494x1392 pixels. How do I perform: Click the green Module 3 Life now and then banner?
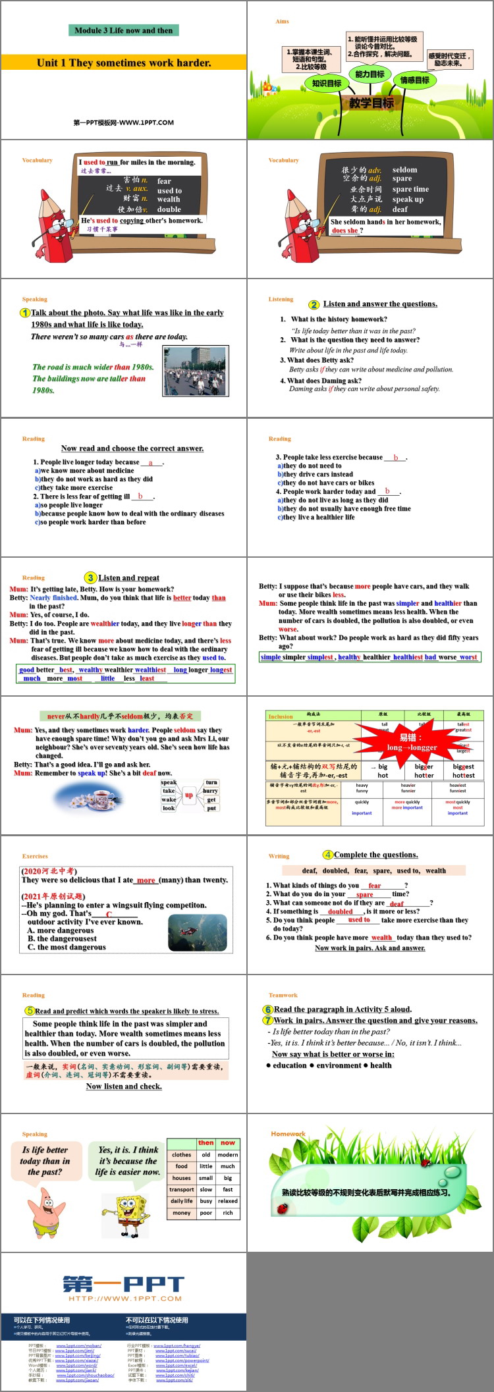(123, 30)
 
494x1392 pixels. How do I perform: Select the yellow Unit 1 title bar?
(123, 63)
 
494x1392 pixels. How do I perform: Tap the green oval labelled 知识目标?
(327, 84)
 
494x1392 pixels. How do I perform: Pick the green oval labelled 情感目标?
(414, 80)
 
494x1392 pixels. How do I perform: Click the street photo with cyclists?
(194, 371)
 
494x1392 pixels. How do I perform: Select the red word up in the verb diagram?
(189, 795)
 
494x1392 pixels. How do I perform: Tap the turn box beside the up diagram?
(211, 782)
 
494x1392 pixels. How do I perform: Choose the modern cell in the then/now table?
(228, 1154)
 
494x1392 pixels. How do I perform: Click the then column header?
(206, 1142)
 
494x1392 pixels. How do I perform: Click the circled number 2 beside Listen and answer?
(314, 304)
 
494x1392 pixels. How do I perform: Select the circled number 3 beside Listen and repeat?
(91, 577)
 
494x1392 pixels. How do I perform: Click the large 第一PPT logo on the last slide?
(124, 1284)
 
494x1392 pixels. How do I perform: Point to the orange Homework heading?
(288, 1134)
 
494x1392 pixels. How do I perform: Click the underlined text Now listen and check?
(124, 1086)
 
